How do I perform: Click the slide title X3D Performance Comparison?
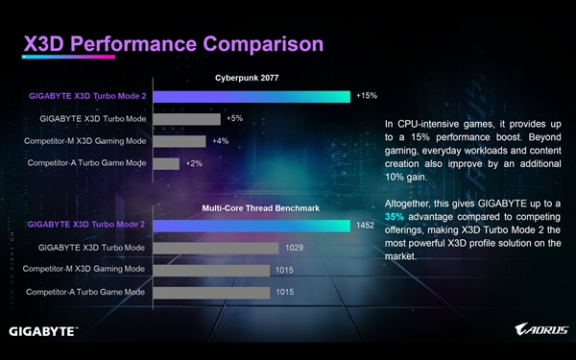coord(172,45)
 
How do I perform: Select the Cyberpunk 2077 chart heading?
coord(247,78)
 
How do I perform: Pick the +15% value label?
coord(366,96)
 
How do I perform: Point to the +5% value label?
coord(235,119)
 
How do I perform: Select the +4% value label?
coord(220,141)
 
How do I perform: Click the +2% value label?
coord(193,163)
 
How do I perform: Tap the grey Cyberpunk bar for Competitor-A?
coord(166,163)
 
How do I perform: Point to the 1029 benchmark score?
coord(293,248)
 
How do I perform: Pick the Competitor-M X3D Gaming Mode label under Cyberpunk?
coord(85,141)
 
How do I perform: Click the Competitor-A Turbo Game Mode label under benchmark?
coord(86,291)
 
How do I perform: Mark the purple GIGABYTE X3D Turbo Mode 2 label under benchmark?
coord(85,225)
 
